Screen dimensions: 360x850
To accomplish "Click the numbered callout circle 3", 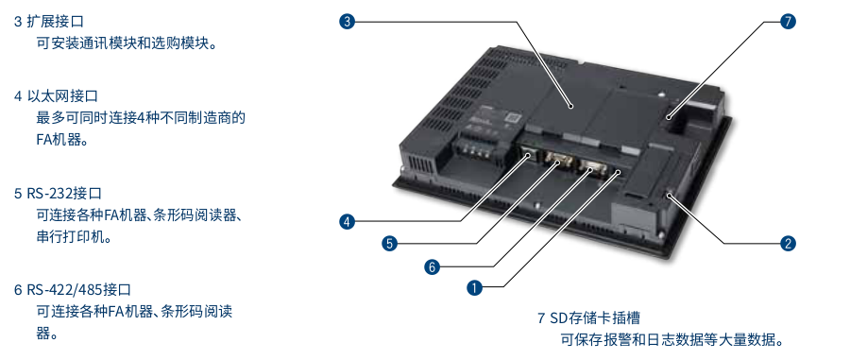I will (x=347, y=20).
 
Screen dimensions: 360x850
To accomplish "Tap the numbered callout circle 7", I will (x=790, y=20).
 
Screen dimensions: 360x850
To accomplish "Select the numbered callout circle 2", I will (x=788, y=243).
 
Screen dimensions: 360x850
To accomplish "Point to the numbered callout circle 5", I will (x=389, y=244).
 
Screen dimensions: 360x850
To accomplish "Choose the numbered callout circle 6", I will (x=432, y=266).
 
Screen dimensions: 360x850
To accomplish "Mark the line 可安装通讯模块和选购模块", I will (x=127, y=43).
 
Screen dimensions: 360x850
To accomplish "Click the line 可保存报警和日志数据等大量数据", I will (x=672, y=340).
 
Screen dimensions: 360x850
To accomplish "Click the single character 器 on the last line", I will (x=43, y=334).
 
